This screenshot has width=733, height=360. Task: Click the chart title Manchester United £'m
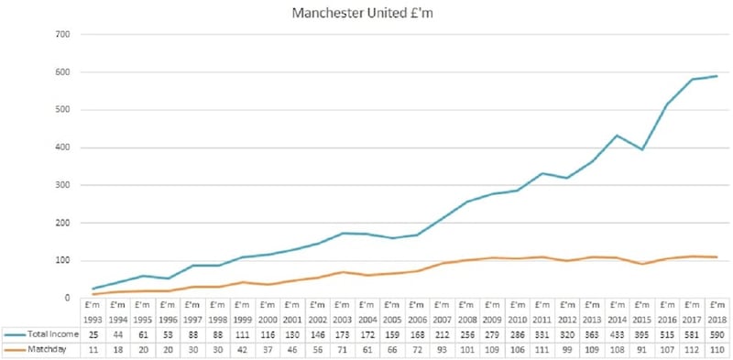click(366, 14)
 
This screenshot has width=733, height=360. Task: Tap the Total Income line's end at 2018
click(717, 76)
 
